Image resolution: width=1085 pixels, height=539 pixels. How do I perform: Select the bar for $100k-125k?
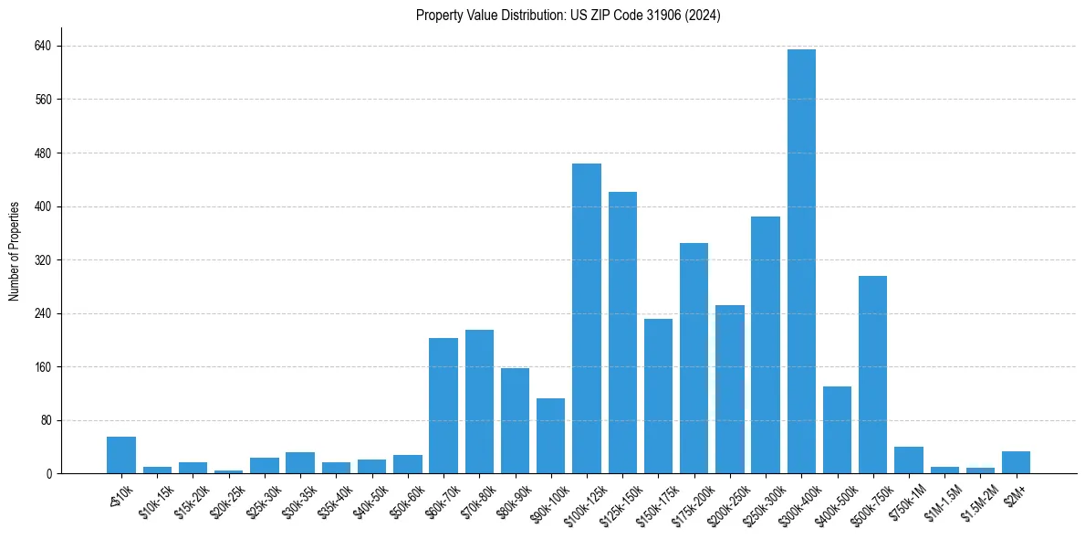tap(587, 319)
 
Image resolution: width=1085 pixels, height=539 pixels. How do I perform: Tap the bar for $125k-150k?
tap(622, 333)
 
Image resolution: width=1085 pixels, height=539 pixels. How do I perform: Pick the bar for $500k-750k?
tap(872, 375)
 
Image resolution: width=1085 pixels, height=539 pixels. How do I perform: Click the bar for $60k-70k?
tap(443, 406)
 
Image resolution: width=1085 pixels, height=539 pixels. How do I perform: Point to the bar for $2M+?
tap(1016, 462)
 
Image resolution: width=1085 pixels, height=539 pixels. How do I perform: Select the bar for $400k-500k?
tap(837, 430)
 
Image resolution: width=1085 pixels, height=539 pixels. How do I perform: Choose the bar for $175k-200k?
tap(694, 358)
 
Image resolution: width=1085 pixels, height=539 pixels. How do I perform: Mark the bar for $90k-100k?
tap(550, 436)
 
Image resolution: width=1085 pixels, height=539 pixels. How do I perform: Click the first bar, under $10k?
tap(121, 455)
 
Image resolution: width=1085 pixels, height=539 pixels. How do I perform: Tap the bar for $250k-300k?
tap(766, 345)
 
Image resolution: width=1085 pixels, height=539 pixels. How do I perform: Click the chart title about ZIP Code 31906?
tap(568, 16)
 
